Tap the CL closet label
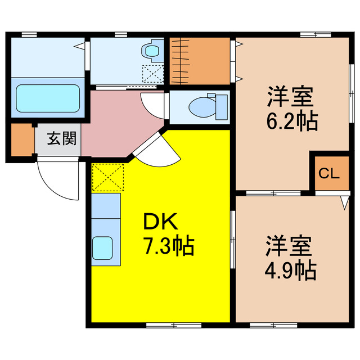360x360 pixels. [329, 173]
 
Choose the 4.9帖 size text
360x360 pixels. [290, 271]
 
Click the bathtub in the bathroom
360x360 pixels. [47, 98]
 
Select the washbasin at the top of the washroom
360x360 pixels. [152, 51]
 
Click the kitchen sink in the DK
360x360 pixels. [103, 246]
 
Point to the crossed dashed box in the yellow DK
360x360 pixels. [107, 177]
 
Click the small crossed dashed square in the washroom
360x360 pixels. [151, 74]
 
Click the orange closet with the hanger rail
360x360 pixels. [200, 60]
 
